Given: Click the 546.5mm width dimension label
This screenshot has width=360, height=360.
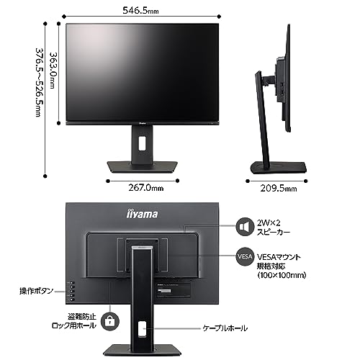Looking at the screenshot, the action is (x=140, y=11).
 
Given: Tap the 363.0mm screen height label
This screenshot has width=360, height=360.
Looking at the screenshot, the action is (x=53, y=71).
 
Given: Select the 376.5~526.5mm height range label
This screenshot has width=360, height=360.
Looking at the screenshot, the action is (x=40, y=83).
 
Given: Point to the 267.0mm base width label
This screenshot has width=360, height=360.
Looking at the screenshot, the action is (x=146, y=188).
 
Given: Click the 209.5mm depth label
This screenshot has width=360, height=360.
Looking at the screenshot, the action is (x=279, y=189).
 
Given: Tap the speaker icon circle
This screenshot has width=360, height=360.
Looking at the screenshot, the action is (x=245, y=227).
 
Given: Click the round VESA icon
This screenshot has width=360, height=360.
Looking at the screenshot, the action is (x=245, y=256).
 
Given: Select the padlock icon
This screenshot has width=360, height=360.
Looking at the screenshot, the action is (x=110, y=321).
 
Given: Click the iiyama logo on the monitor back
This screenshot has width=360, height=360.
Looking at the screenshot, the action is (x=142, y=214).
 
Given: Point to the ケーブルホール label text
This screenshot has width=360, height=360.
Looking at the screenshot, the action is (x=225, y=328).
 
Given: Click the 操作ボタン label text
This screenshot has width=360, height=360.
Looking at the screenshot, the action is (x=36, y=291).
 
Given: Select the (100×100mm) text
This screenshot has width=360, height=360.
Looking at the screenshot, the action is (x=282, y=275).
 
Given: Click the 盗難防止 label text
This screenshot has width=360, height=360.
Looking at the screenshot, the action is (x=82, y=317).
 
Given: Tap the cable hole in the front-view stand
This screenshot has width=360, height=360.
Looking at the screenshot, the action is (x=142, y=143).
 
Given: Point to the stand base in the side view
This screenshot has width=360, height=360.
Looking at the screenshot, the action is (x=279, y=168).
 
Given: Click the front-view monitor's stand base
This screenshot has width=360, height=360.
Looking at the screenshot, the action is (x=143, y=167).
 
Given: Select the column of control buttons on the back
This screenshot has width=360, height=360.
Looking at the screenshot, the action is (x=72, y=292).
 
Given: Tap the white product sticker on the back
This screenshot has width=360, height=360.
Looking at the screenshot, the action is (x=164, y=291).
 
